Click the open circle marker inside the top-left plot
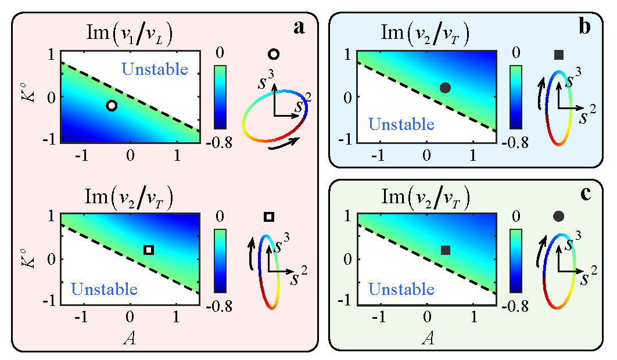112,105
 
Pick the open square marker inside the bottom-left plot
149,250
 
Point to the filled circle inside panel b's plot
445,88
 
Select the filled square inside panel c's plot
446,250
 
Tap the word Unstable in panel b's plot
401,124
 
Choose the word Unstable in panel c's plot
401,288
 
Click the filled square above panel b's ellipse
559,55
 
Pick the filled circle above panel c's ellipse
559,217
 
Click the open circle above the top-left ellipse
274,54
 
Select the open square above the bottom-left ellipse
268,217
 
